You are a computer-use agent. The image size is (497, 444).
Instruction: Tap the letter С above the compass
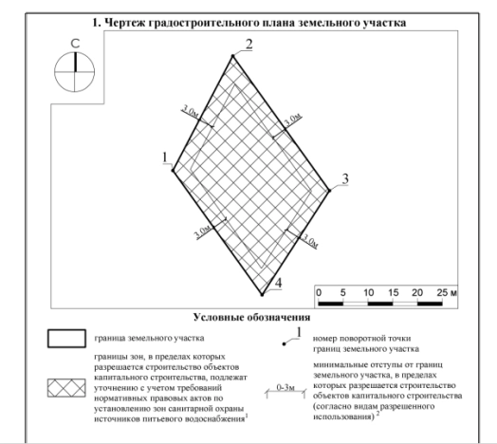tap(73, 44)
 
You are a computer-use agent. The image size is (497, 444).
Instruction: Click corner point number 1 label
tap(165, 157)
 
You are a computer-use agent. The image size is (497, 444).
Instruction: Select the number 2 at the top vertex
tap(248, 45)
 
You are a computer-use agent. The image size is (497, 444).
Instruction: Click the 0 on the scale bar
tap(319, 290)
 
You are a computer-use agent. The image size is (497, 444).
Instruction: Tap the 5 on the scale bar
tap(343, 290)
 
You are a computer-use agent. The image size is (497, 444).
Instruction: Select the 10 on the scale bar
tap(368, 290)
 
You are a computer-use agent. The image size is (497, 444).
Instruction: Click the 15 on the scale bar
tap(394, 290)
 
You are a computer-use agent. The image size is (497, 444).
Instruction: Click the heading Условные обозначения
tap(251, 316)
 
